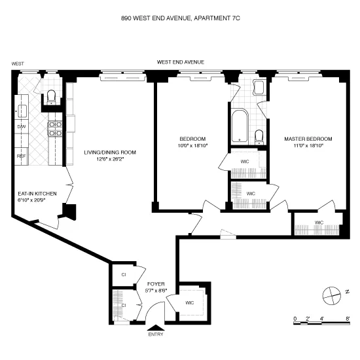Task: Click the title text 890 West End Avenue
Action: click(x=180, y=20)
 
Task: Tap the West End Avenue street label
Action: click(x=180, y=62)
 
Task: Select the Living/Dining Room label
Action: click(x=110, y=153)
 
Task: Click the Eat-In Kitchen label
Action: click(x=37, y=194)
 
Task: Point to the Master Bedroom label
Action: click(x=308, y=139)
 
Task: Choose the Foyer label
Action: click(x=156, y=284)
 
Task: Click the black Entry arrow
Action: click(x=156, y=328)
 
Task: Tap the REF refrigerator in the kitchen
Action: click(x=21, y=156)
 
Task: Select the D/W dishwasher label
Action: click(x=21, y=127)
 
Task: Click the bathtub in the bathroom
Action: click(x=238, y=125)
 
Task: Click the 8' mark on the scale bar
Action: click(x=347, y=319)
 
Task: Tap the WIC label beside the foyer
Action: click(x=190, y=302)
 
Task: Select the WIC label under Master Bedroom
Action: click(x=319, y=223)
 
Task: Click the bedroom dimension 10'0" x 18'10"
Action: click(x=193, y=145)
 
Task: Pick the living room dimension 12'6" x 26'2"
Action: click(x=110, y=159)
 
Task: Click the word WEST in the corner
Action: click(x=18, y=63)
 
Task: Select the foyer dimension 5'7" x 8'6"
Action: click(x=156, y=291)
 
